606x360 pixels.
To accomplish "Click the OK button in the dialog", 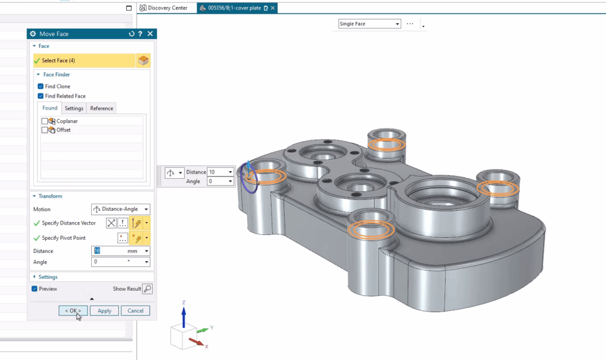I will pyautogui.click(x=73, y=311).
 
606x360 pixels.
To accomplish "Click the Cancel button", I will pyautogui.click(x=136, y=311).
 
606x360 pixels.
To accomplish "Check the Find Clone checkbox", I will pyautogui.click(x=41, y=86).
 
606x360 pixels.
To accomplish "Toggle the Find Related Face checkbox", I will pyautogui.click(x=41, y=96).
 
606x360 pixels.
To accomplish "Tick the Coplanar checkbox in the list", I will pyautogui.click(x=45, y=121).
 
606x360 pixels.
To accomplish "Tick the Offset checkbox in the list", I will pyautogui.click(x=45, y=130).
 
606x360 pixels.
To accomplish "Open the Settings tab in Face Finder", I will pyautogui.click(x=74, y=108).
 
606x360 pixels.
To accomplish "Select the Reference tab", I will pyautogui.click(x=102, y=108).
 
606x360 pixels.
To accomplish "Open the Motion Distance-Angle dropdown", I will pyautogui.click(x=121, y=210).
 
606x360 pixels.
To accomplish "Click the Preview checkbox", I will pyautogui.click(x=35, y=289).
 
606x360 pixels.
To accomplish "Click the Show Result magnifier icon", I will pyautogui.click(x=147, y=289).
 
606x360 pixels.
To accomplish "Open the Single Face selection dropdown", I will pyautogui.click(x=369, y=24).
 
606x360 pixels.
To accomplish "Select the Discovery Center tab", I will pyautogui.click(x=166, y=8).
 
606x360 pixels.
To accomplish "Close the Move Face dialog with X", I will pyautogui.click(x=150, y=34).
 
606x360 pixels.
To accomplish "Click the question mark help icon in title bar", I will pyautogui.click(x=140, y=34).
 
